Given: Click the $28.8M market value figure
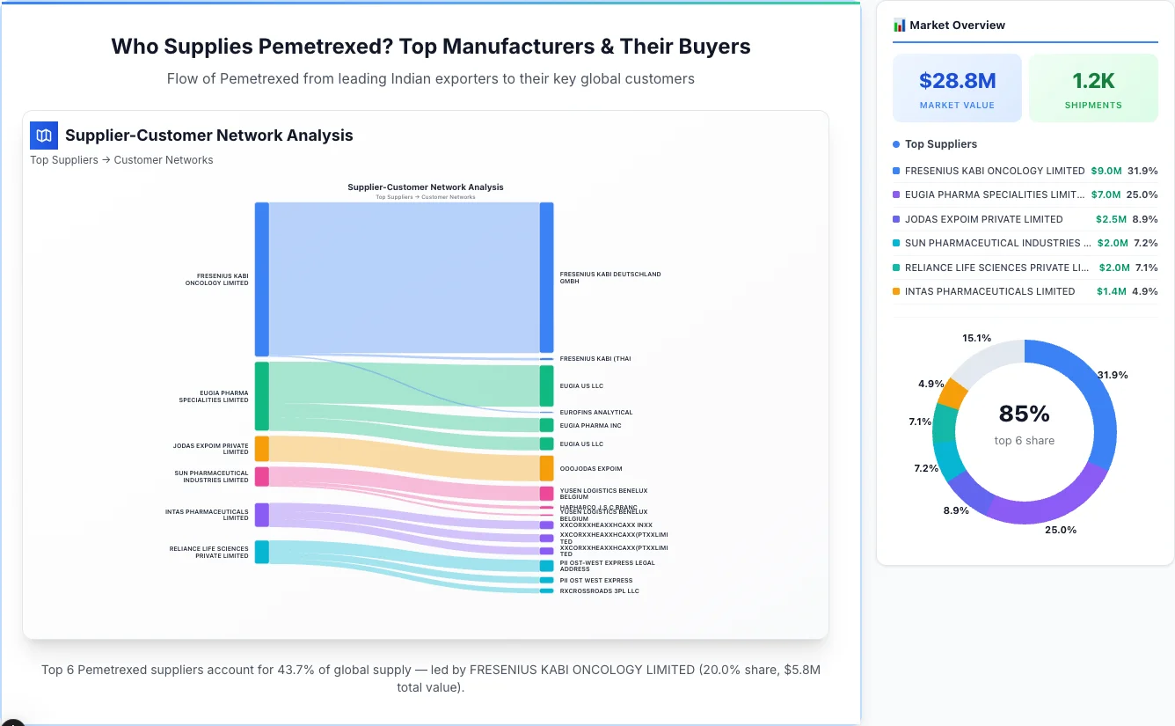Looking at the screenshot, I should pos(957,81).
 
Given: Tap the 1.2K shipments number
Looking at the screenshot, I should pos(1093,81).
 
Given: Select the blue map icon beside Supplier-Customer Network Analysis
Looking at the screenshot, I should pos(44,136).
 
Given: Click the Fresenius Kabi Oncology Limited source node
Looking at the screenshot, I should pos(261,279).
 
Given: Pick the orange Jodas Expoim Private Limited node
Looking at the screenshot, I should pos(261,448).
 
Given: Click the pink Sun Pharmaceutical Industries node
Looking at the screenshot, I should pos(261,476).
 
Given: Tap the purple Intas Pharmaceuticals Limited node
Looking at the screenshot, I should pos(261,515).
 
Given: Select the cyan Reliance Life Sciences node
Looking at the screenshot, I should pos(261,552).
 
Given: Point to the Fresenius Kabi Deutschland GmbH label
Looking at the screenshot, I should pos(609,277).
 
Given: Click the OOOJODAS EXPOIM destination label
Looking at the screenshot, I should pos(591,469).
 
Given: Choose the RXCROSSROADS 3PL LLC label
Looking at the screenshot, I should pos(599,590).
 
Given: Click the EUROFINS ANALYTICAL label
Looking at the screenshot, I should pos(595,412).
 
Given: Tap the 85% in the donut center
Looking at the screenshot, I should pos(1024,414).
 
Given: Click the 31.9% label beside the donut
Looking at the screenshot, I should pos(1113,375).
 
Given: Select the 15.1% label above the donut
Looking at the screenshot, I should pos(976,338).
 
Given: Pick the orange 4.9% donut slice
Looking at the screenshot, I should pos(952,392).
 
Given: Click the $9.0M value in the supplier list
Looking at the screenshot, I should pos(1106,171).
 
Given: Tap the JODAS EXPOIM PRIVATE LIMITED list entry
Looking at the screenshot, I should pos(983,219).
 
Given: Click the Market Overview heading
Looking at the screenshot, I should pos(956,25).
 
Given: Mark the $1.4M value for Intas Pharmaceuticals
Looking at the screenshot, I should pos(1111,291).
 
